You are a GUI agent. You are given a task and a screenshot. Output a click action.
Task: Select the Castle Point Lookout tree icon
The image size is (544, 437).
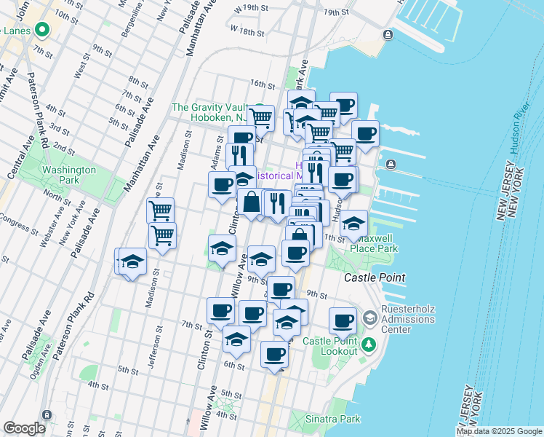click(x=370, y=344)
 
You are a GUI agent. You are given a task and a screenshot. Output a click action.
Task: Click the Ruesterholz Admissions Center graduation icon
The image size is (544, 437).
click(x=370, y=318)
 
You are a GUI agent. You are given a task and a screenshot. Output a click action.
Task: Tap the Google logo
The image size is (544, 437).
click(x=24, y=428)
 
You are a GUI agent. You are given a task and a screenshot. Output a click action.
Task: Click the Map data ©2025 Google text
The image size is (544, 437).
click(x=499, y=431)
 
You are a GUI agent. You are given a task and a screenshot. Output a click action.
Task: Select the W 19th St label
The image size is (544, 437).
click(x=244, y=8)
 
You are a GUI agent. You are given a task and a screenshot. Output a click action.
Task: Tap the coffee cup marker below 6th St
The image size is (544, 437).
click(x=274, y=355)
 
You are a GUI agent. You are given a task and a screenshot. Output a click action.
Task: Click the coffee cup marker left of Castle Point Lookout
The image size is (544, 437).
click(x=343, y=320)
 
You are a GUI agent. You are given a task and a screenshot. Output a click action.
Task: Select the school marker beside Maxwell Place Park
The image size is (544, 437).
click(x=353, y=224)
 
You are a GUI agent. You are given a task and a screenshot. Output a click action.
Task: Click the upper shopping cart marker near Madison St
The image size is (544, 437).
click(x=160, y=211)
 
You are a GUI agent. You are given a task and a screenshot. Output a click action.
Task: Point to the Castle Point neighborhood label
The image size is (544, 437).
click(x=375, y=278)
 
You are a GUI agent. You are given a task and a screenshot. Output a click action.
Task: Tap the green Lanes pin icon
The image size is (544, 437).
click(x=41, y=31)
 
